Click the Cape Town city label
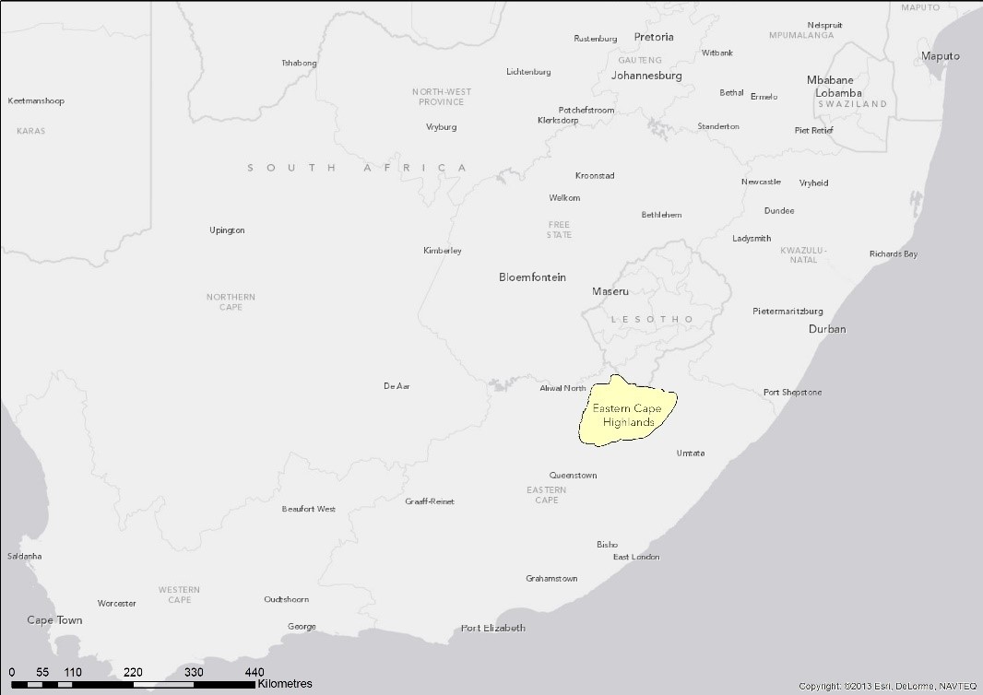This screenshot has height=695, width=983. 54,620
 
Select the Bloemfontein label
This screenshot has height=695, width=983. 532,277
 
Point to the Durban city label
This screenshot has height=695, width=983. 827,329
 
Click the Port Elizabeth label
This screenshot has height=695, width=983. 493,629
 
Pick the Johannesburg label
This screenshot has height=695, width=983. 646,76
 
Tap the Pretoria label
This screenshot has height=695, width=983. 654,38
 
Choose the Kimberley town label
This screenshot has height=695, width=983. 443,251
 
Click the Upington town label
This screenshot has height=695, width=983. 227,230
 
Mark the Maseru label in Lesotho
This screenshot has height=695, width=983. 610,291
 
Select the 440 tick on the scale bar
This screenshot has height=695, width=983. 255,672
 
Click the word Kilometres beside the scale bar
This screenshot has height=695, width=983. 285,684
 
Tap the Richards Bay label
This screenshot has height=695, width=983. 893,254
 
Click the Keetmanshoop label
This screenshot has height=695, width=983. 36,100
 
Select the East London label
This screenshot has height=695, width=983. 636,558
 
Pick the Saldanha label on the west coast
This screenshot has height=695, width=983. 24,557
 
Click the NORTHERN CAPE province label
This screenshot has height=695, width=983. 231,302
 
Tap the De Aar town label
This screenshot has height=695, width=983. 397,386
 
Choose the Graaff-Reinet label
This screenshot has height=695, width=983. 430,502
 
